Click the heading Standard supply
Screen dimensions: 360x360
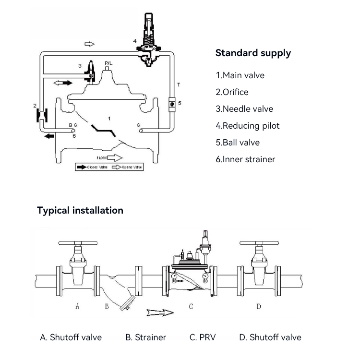coord(253,53)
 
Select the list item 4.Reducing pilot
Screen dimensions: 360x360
coord(248,126)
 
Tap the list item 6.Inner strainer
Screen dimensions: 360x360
coord(245,159)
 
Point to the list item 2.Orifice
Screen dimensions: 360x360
coord(232,92)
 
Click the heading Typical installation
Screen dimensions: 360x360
coord(80,210)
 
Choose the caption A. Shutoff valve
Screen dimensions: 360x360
coord(71,337)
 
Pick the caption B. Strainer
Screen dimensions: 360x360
coord(145,337)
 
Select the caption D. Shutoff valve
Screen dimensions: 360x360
coord(270,337)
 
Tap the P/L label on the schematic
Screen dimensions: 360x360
coord(108,63)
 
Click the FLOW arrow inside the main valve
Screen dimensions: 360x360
coord(110,157)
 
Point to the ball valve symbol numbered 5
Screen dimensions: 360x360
coord(172,103)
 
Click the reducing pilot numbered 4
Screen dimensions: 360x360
coord(149,41)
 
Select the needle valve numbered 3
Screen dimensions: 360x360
coord(89,72)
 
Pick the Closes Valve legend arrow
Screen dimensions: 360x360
coord(81,167)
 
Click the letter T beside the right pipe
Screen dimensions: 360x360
coord(179,85)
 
